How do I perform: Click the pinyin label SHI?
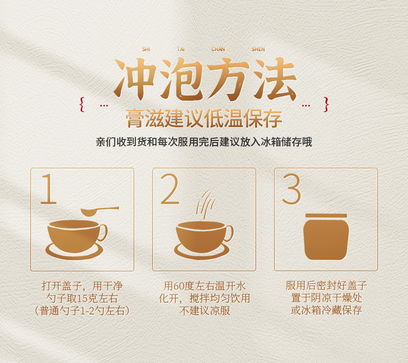tap(146, 49)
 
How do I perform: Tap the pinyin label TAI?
tap(181, 49)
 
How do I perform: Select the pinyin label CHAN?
tap(218, 49)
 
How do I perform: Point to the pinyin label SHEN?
tap(258, 49)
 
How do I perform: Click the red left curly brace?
tap(82, 105)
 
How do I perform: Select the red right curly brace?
tap(326, 105)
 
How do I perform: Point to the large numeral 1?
tap(49, 189)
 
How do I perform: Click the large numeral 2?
tap(169, 189)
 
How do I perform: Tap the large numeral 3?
tap(291, 189)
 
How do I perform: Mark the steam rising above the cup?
tap(206, 205)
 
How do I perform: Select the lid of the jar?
tap(326, 215)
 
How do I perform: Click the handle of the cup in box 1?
tap(103, 232)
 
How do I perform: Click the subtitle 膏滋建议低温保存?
tap(204, 119)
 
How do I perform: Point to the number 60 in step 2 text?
tap(179, 286)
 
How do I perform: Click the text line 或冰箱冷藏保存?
tap(326, 310)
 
